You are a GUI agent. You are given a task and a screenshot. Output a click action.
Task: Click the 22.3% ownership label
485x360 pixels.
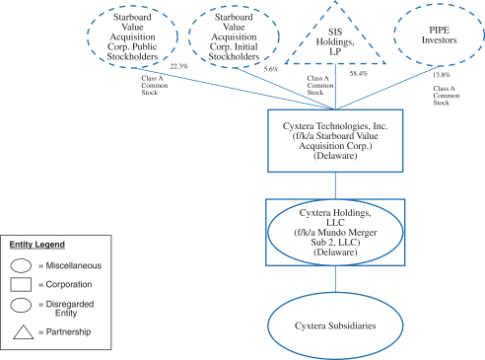point(179,66)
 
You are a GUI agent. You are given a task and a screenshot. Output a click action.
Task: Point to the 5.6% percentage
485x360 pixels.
point(271,69)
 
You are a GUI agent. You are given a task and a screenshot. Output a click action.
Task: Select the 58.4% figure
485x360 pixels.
point(359,74)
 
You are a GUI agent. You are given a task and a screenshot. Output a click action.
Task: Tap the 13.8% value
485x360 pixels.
point(442,75)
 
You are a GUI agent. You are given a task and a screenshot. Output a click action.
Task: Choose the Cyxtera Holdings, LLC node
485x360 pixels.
point(335,232)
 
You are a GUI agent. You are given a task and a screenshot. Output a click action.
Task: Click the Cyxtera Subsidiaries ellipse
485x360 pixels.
point(335,325)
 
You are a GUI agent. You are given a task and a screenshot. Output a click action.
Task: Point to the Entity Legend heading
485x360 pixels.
point(37,245)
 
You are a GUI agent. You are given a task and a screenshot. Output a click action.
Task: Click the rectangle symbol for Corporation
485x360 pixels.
point(21,284)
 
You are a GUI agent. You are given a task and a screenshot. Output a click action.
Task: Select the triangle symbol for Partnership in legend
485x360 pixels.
point(24,332)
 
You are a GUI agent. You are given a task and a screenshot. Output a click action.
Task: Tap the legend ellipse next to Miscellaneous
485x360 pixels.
point(21,265)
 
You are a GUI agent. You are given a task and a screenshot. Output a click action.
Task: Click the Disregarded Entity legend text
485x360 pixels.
point(70,309)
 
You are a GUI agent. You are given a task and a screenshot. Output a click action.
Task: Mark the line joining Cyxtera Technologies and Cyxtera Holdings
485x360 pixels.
point(335,185)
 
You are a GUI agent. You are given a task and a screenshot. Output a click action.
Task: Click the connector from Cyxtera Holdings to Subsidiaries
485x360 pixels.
point(335,279)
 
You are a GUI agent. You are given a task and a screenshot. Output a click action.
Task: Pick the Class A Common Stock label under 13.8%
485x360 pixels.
point(447,96)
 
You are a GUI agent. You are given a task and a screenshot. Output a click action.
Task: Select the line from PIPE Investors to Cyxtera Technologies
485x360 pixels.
point(388,87)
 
